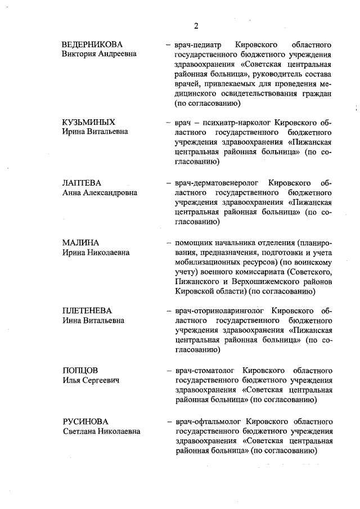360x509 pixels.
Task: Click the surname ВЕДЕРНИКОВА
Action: point(92,44)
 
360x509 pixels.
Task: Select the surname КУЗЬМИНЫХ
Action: point(89,121)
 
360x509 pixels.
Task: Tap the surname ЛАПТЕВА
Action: point(82,183)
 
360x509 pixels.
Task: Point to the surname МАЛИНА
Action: point(82,242)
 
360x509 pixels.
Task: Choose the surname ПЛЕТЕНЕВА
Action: point(87,310)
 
